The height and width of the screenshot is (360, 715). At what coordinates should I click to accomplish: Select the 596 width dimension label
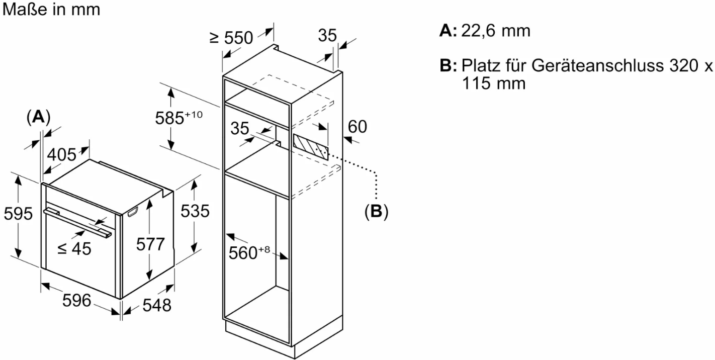coord(76,301)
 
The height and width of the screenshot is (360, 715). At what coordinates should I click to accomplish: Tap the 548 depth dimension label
coord(156,305)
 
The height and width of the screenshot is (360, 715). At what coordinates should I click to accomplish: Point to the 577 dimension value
coord(150,244)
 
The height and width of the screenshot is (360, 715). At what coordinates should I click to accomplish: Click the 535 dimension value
coord(195,211)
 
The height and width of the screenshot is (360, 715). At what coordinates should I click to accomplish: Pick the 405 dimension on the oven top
coord(62,154)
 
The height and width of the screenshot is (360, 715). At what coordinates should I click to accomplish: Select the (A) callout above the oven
coord(38,117)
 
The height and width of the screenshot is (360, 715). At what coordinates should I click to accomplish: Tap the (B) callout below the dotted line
coord(376,211)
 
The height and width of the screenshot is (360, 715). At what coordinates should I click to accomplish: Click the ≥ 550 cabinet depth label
coord(231,38)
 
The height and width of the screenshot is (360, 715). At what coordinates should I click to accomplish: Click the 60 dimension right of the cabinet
coord(357,127)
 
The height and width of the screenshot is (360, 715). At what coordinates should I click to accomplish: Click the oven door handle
coord(78,222)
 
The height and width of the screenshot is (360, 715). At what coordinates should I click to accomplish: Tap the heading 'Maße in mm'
coord(51,9)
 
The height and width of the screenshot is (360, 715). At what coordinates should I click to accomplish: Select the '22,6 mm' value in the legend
coord(496,31)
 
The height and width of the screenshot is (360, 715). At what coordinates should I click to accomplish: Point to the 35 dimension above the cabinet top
coord(327,35)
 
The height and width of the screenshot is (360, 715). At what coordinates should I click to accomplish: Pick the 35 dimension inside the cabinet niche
coord(240,129)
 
